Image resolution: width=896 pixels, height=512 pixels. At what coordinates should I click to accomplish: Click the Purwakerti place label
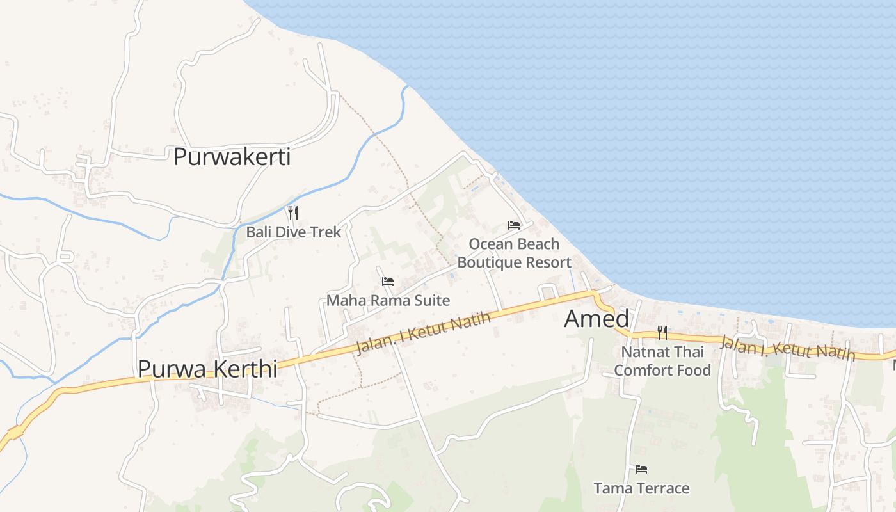click(232, 157)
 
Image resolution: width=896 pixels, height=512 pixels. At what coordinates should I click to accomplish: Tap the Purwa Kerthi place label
click(207, 369)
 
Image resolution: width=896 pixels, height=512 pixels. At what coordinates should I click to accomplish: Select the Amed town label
click(596, 319)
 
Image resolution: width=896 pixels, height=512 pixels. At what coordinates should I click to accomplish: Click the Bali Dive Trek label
click(294, 232)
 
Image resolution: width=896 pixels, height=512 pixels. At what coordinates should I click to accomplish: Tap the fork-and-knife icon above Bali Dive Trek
click(293, 212)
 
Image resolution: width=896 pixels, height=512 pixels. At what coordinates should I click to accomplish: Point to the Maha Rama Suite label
click(388, 300)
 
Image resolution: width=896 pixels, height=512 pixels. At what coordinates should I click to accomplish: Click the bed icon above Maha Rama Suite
click(387, 281)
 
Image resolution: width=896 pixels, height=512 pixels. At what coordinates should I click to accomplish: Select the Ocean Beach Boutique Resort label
click(514, 253)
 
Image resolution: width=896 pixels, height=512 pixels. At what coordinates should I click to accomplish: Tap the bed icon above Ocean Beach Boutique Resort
click(513, 225)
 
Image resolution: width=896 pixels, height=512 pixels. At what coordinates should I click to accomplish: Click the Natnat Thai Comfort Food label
click(662, 361)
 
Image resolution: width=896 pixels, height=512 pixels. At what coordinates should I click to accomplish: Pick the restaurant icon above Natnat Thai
click(662, 332)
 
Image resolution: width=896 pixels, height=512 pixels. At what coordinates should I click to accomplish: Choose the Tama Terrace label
click(641, 488)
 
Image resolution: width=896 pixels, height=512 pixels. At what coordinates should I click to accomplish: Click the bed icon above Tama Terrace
click(641, 469)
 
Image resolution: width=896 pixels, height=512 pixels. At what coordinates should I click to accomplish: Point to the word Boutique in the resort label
click(488, 262)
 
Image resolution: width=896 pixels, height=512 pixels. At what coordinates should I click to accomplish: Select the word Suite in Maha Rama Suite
click(432, 300)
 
